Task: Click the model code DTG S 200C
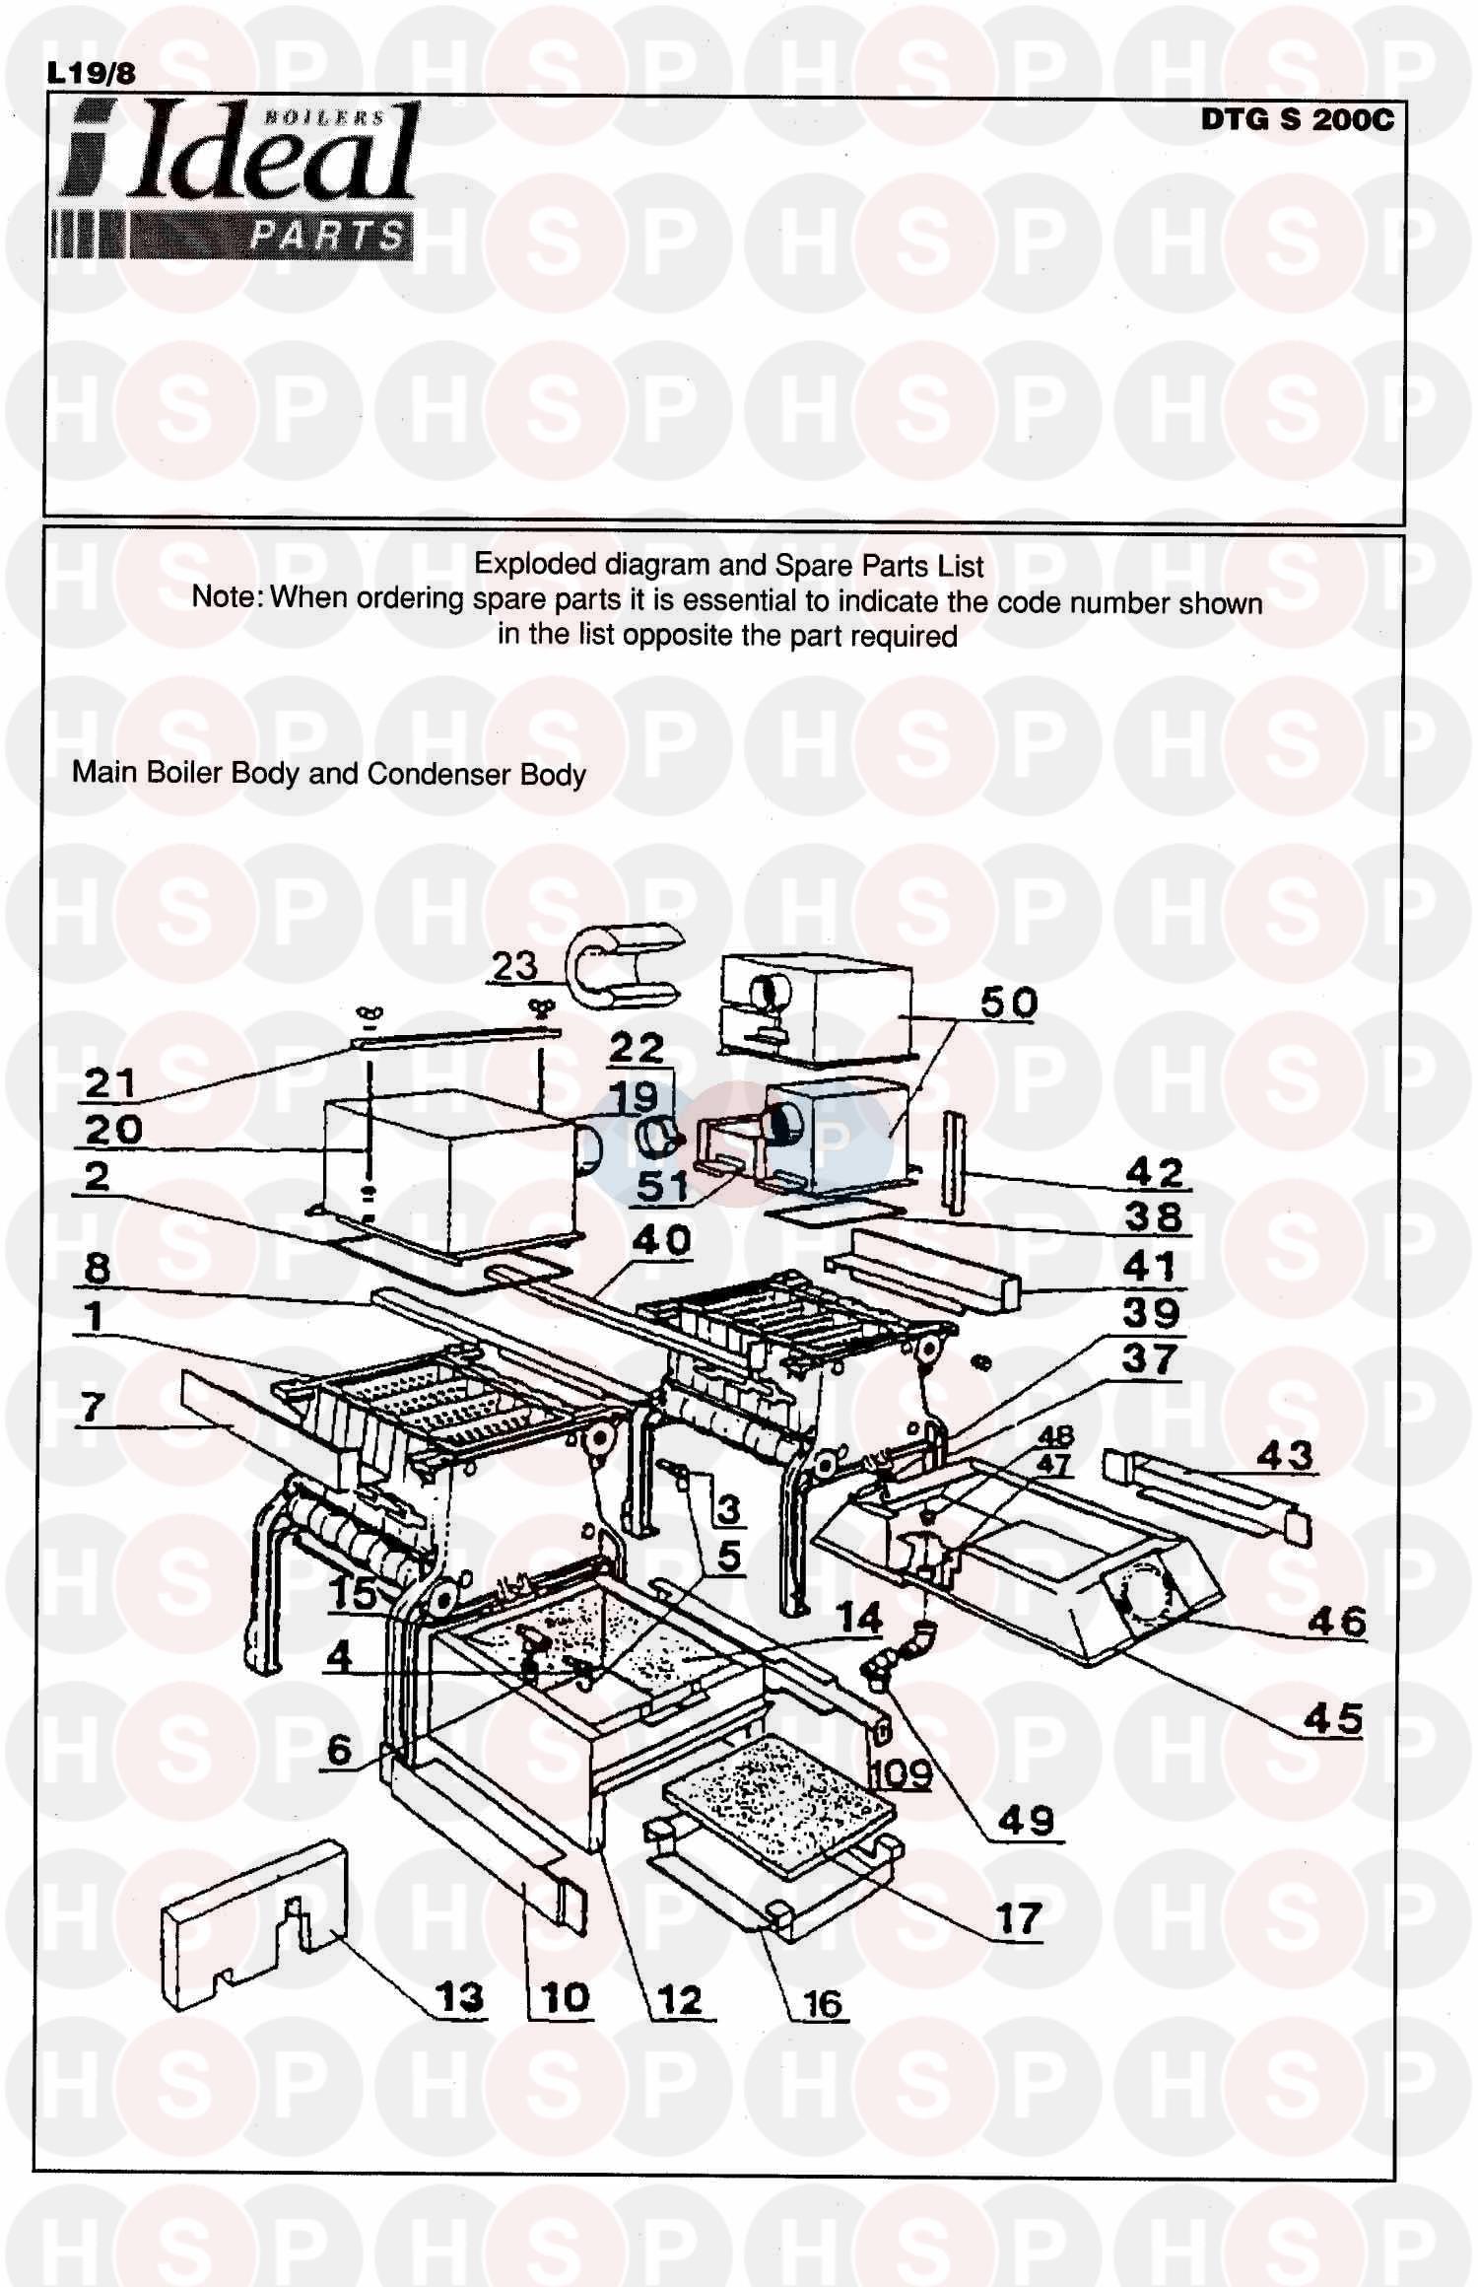click(x=1297, y=120)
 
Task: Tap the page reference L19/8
click(x=91, y=73)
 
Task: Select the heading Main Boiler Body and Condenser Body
click(x=329, y=774)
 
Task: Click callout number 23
click(x=514, y=966)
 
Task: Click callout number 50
click(x=1008, y=1003)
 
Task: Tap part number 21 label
click(x=109, y=1083)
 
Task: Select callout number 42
click(x=1154, y=1172)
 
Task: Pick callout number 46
click(x=1336, y=1621)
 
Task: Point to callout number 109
click(x=901, y=1773)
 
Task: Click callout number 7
click(x=93, y=1407)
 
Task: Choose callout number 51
click(x=661, y=1186)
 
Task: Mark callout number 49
click(x=1026, y=1820)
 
